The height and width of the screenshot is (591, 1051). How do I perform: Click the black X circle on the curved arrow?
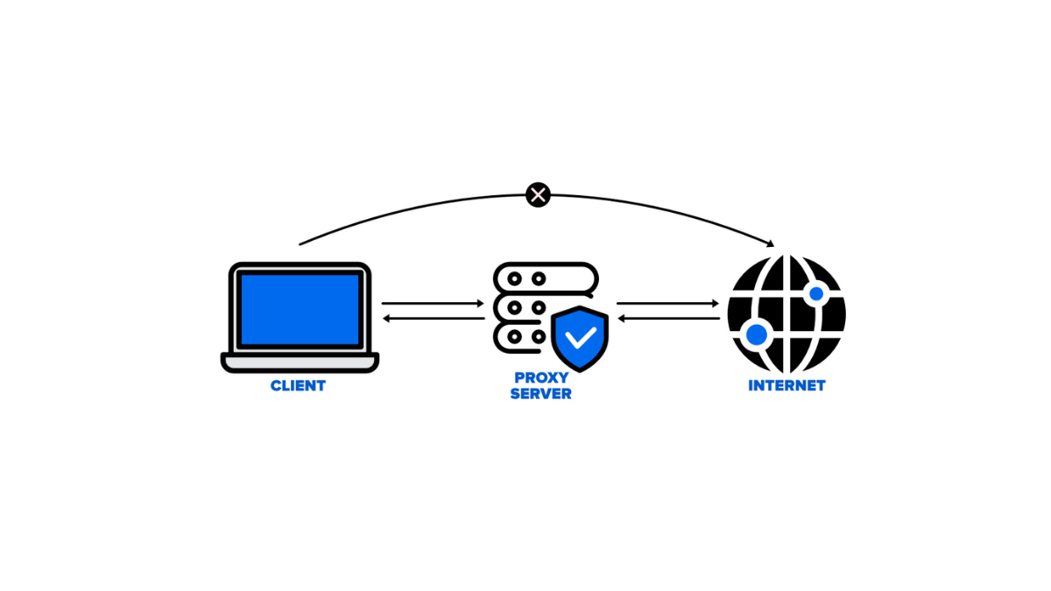pyautogui.click(x=538, y=194)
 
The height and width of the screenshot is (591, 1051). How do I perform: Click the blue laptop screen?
pyautogui.click(x=300, y=309)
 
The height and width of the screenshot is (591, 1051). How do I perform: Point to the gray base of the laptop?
pyautogui.click(x=300, y=362)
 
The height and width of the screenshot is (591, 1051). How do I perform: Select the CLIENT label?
pyautogui.click(x=298, y=385)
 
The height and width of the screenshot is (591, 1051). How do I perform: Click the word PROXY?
pyautogui.click(x=540, y=378)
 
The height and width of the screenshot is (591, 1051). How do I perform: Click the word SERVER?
pyautogui.click(x=540, y=394)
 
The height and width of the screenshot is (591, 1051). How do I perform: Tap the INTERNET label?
pyautogui.click(x=786, y=385)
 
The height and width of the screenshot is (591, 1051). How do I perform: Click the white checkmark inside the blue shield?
pyautogui.click(x=580, y=336)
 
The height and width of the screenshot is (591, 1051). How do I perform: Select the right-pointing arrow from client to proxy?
pyautogui.click(x=433, y=304)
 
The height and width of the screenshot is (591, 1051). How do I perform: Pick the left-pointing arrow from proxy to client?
pyautogui.click(x=433, y=318)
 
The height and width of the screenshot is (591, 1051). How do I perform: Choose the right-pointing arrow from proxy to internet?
pyautogui.click(x=667, y=304)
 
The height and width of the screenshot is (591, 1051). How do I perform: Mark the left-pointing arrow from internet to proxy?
pyautogui.click(x=667, y=318)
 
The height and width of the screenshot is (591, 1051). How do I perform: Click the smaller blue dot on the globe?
pyautogui.click(x=816, y=293)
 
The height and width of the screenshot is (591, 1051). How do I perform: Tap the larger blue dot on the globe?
pyautogui.click(x=756, y=334)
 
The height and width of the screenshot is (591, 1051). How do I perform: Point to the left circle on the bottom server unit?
pyautogui.click(x=514, y=336)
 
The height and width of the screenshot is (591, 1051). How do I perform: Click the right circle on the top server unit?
pyautogui.click(x=539, y=278)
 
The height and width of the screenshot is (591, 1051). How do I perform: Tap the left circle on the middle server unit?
pyautogui.click(x=514, y=306)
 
